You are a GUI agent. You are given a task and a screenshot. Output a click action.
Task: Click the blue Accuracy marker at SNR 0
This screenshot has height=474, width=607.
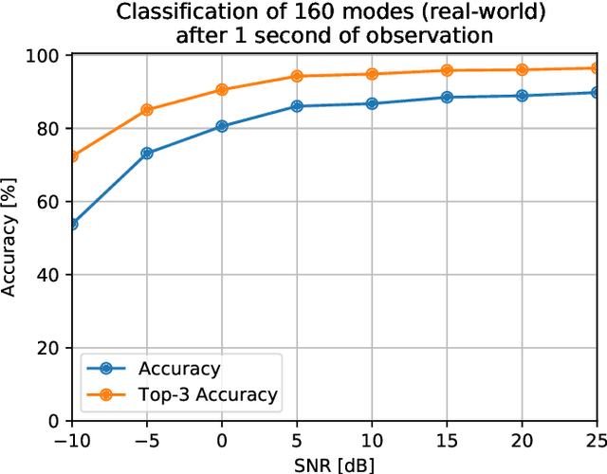pyautogui.click(x=222, y=126)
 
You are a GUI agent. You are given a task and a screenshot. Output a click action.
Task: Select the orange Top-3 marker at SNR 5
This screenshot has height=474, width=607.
pyautogui.click(x=297, y=76)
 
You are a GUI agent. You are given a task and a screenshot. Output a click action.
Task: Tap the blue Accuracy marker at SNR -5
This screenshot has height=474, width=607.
pyautogui.click(x=147, y=153)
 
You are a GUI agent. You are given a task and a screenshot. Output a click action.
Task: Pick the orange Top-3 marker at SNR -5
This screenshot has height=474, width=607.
pyautogui.click(x=147, y=110)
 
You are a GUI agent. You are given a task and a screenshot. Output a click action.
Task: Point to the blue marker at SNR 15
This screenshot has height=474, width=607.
pyautogui.click(x=447, y=97)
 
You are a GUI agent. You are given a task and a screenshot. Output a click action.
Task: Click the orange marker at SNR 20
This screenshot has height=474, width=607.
pyautogui.click(x=522, y=69)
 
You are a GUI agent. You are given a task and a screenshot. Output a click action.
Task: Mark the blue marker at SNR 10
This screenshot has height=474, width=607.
pyautogui.click(x=372, y=103)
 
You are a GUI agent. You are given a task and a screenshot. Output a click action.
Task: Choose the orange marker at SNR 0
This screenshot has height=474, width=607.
pyautogui.click(x=222, y=89)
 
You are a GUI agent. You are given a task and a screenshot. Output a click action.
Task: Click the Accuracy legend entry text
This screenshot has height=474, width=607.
pyautogui.click(x=179, y=369)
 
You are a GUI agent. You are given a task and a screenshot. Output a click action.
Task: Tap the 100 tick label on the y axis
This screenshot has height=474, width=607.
pyautogui.click(x=46, y=56)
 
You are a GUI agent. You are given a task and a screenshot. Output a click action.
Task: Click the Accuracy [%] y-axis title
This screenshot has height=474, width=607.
pyautogui.click(x=9, y=238)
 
